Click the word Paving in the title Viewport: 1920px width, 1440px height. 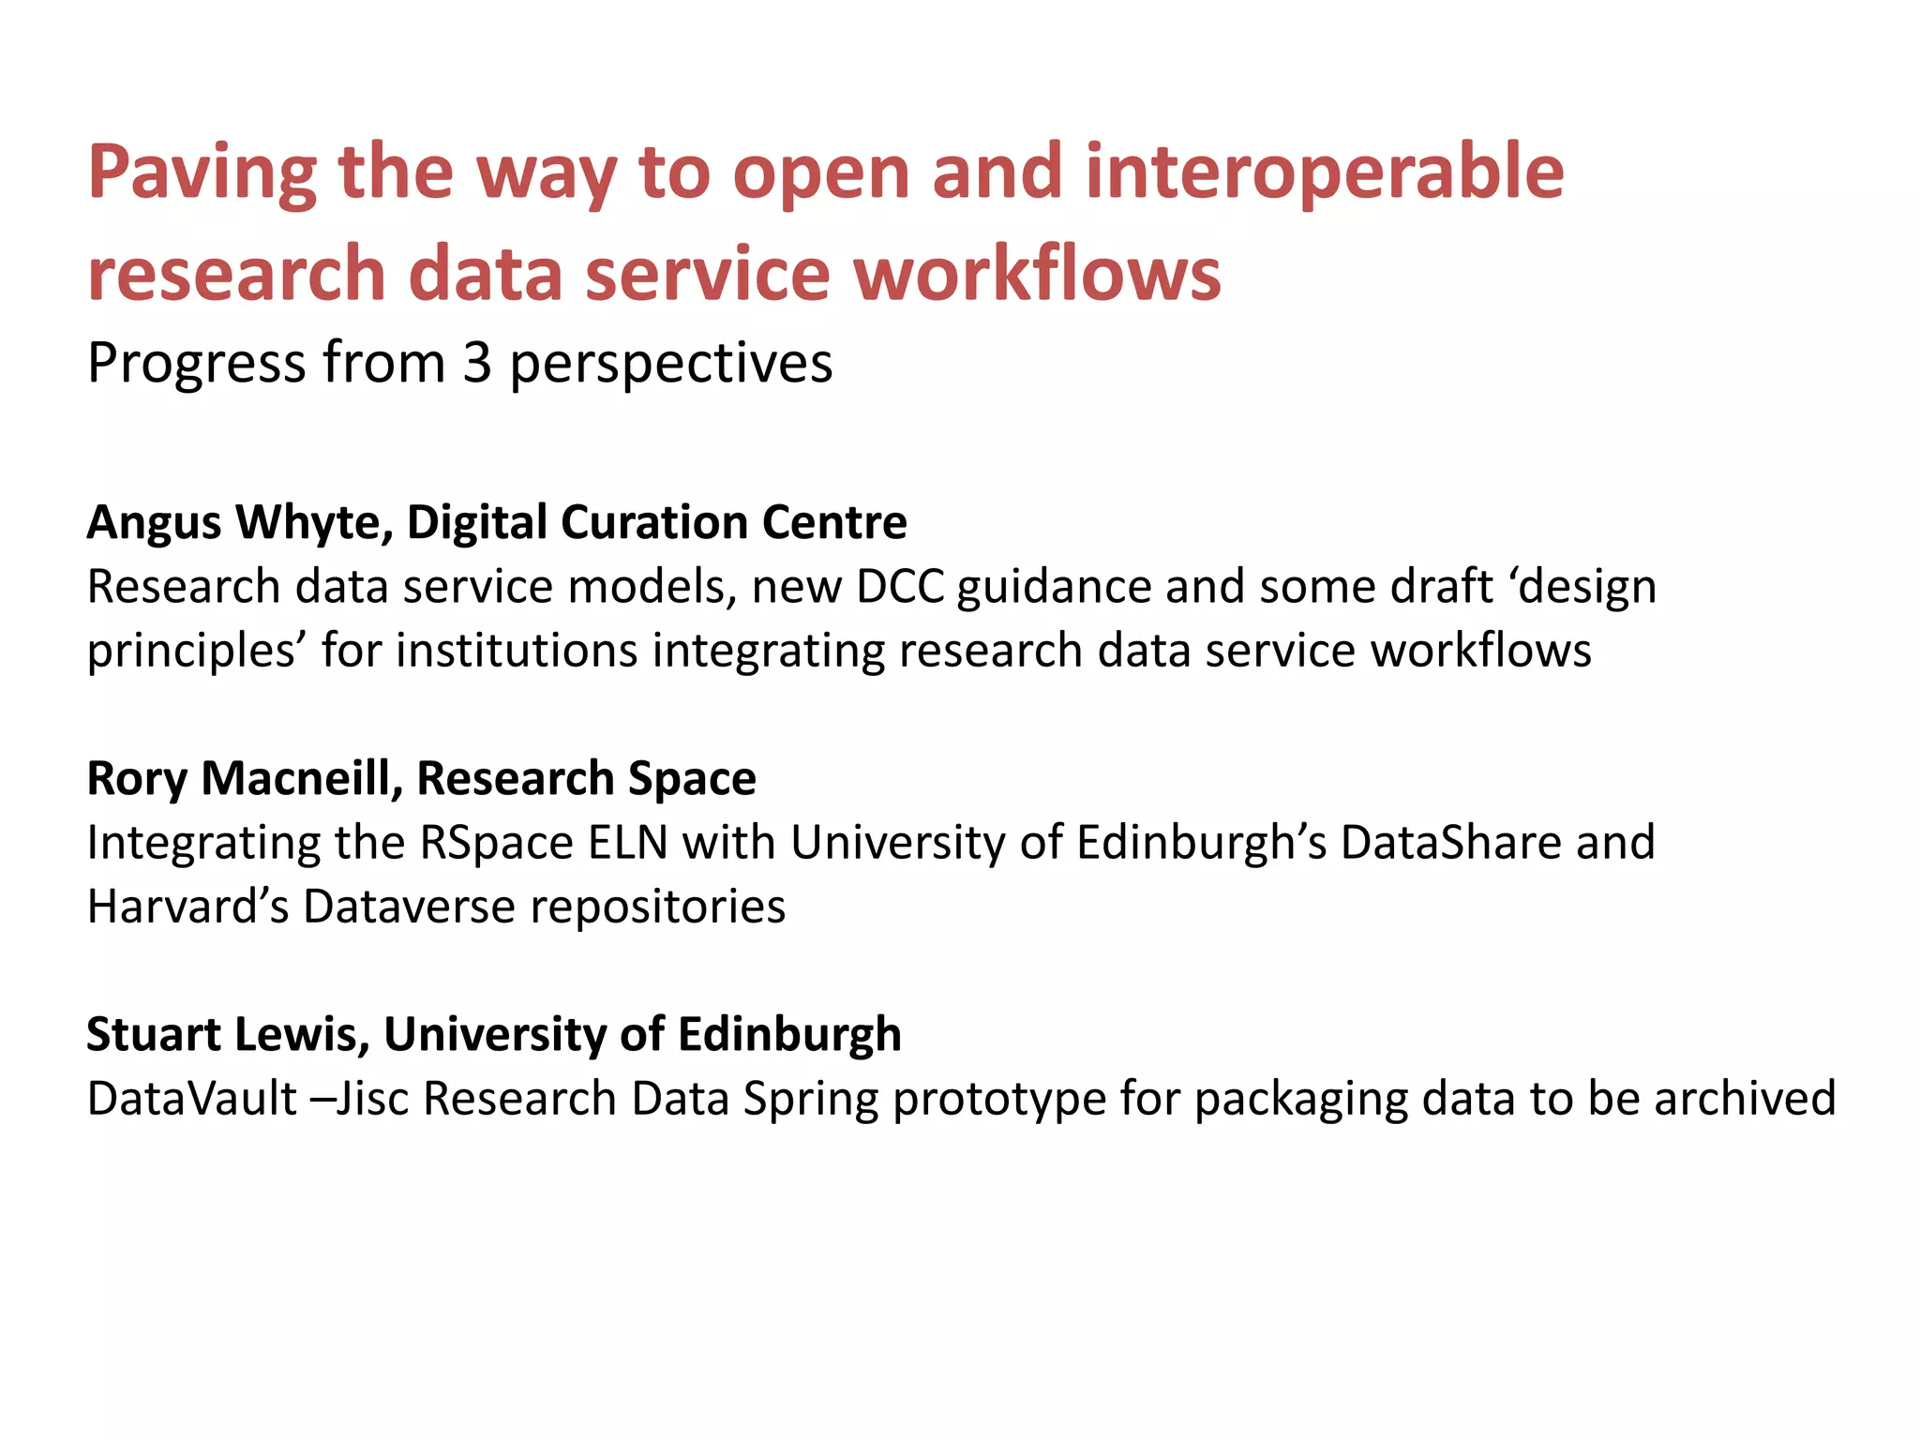tap(202, 173)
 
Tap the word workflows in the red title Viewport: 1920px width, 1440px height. tap(1037, 274)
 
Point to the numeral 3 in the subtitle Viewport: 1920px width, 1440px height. tap(476, 363)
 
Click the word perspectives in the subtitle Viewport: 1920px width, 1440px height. tap(670, 365)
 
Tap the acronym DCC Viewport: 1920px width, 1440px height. tap(900, 588)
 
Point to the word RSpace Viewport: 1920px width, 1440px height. tap(496, 843)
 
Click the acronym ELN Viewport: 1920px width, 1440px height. tap(627, 843)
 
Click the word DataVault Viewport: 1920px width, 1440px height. tap(191, 1099)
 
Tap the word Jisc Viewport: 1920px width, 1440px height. tap(372, 1099)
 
